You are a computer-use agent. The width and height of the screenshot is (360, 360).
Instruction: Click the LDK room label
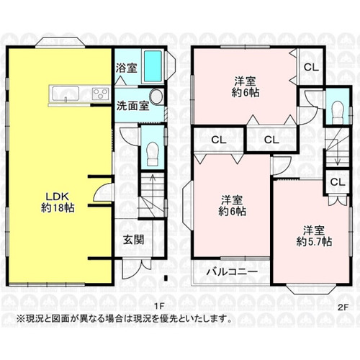point(58,197)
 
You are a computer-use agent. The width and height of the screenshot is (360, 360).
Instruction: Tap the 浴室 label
point(127,68)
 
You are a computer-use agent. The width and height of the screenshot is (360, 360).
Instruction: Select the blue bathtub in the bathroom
point(153,66)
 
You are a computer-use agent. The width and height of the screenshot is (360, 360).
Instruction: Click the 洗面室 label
point(133,106)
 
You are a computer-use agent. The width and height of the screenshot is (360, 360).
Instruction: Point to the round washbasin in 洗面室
point(156,96)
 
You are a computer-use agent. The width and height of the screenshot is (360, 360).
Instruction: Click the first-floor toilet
point(153,153)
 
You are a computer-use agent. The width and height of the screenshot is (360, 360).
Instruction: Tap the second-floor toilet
point(338,110)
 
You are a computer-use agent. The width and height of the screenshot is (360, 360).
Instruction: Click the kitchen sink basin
point(66,94)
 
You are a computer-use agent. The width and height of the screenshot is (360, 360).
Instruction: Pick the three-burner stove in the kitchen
point(101,94)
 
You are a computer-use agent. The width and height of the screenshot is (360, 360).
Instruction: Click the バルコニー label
point(233,272)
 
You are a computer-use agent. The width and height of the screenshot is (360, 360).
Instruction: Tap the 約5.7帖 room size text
point(314,242)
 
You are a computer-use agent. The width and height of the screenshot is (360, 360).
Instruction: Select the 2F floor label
point(343,307)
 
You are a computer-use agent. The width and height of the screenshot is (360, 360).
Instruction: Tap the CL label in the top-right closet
point(311,68)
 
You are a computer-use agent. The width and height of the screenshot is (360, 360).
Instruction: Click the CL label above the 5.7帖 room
point(338,182)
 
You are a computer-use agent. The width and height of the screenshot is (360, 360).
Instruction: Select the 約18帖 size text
point(58,207)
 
